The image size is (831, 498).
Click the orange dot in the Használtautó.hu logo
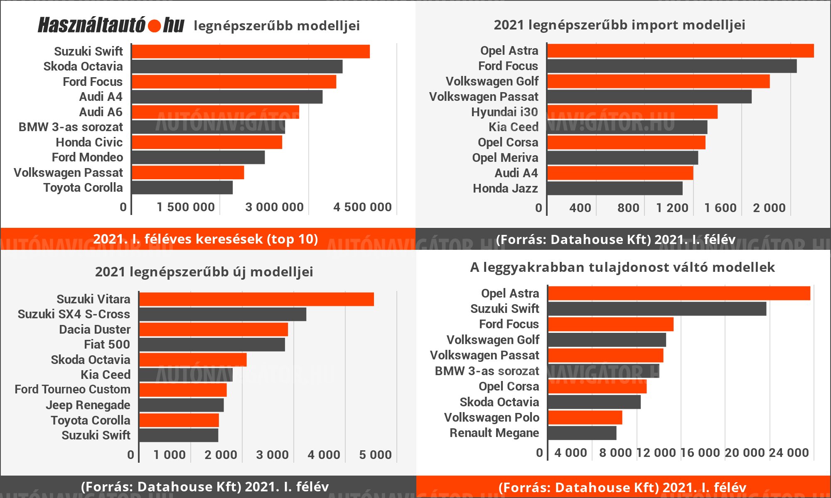154,26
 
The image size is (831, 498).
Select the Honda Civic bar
207,142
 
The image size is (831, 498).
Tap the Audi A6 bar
215,112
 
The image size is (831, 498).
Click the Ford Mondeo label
87,157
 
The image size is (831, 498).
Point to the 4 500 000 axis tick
362,207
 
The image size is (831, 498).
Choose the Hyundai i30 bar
632,112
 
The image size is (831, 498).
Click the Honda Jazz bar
615,188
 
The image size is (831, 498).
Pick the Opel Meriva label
505,158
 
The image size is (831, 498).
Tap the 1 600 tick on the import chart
720,208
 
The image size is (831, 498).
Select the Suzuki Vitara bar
256,299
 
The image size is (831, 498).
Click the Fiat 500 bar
212,344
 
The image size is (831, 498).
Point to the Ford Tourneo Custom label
72,389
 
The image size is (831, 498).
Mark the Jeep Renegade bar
181,405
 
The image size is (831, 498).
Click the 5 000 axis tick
375,455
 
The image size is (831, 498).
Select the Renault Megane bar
582,433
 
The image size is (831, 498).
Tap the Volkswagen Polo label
492,417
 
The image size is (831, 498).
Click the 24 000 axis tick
789,453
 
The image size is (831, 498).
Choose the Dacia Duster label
94,330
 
